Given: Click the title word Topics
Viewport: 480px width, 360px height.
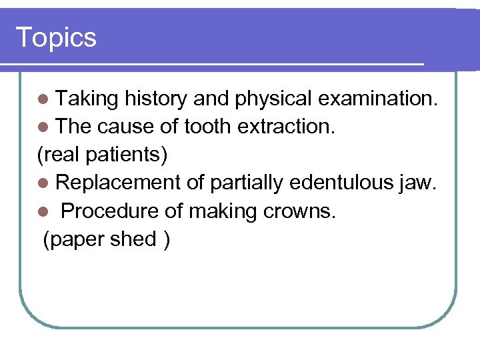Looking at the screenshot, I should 56,37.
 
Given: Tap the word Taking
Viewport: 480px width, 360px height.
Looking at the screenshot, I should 87,99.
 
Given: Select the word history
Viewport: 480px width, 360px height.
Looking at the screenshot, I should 155,99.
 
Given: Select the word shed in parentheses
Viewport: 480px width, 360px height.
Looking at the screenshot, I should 133,239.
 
